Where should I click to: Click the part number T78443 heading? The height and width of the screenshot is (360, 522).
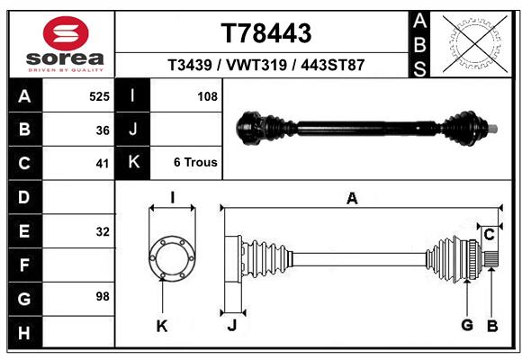coord(266,33)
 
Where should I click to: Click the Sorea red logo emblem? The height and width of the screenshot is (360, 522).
coord(66,34)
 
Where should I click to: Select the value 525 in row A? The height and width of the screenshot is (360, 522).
coord(99,96)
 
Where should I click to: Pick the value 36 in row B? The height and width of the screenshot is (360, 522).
coord(103,130)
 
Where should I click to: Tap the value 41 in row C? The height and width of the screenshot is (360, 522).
coord(103,164)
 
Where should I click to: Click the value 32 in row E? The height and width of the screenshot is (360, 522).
coord(103,231)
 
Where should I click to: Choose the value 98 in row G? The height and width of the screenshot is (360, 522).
coord(103,296)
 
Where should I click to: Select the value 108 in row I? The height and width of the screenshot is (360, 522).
coord(207,96)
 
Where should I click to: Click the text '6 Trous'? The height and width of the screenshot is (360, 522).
coord(195,163)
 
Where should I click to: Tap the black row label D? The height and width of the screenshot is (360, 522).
coord(24,197)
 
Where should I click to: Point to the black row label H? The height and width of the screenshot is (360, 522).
coord(24,332)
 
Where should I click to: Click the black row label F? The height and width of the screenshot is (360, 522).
coord(24,265)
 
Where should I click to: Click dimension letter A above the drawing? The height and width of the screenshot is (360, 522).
coord(352,199)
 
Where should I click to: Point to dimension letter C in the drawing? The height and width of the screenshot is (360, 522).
coord(489,235)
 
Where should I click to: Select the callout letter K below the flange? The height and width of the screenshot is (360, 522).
coord(162,327)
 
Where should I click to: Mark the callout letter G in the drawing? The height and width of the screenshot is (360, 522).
coord(467,326)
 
